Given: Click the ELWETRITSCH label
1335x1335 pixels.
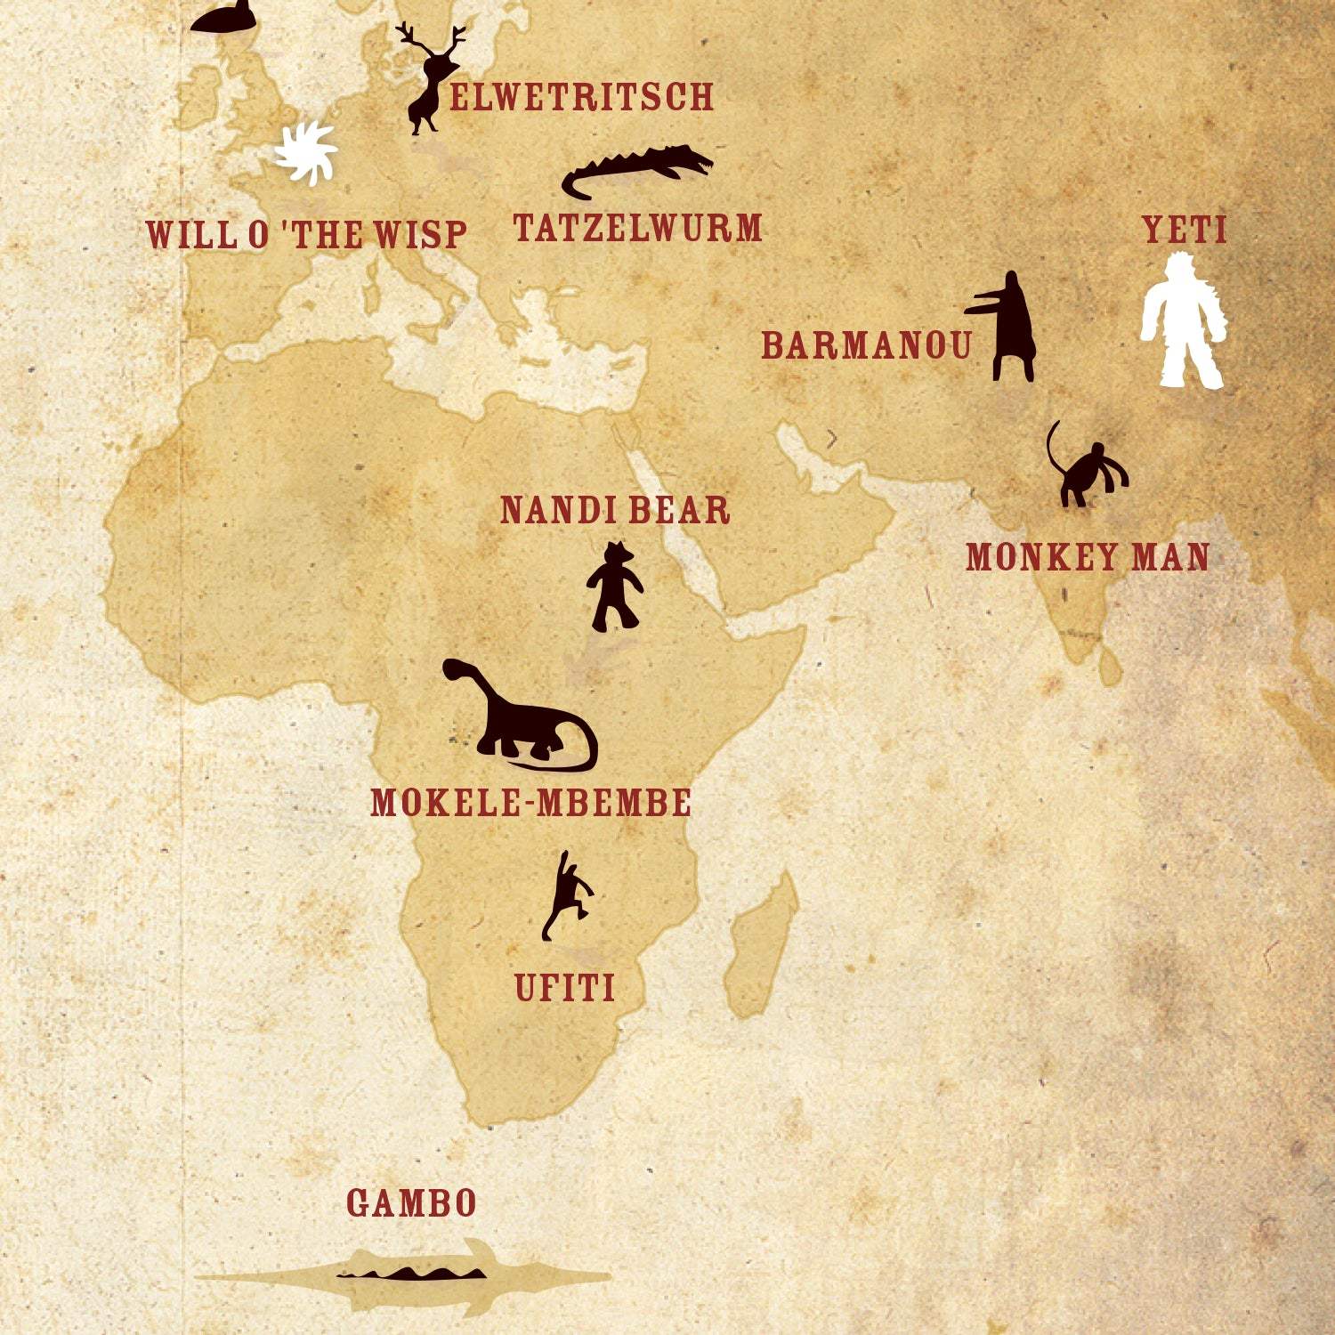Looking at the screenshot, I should click(581, 96).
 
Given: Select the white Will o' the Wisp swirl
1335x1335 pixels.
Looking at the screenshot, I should click(306, 153).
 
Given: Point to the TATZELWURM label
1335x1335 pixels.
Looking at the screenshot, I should click(637, 228).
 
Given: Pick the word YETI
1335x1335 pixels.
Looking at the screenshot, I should click(1185, 230).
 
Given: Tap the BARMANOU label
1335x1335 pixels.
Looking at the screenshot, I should click(866, 345).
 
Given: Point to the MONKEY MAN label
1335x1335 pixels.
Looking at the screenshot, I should click(1088, 557).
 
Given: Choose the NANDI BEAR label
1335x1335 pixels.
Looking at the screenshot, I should click(615, 510).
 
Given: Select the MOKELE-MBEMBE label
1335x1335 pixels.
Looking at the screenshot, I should click(530, 803).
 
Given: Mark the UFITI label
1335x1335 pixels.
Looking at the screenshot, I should click(564, 988).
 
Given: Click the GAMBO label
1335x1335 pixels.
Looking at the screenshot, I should click(411, 1203).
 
